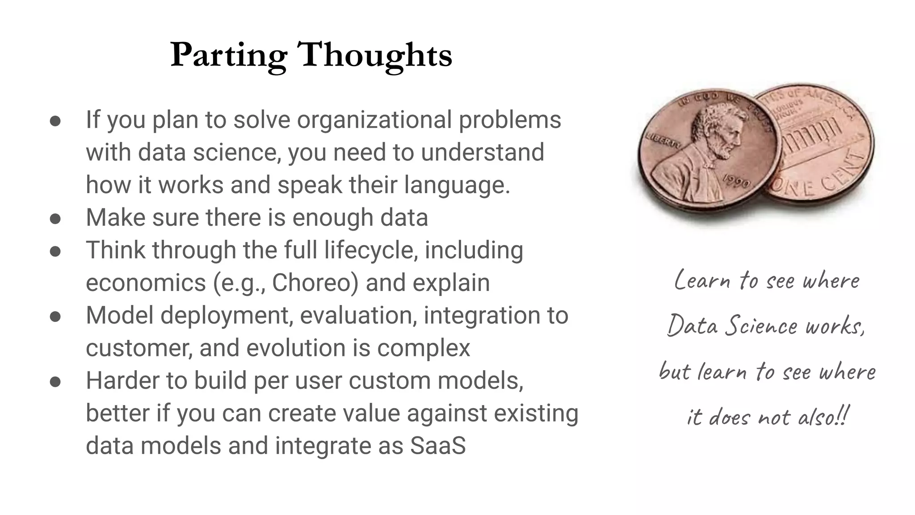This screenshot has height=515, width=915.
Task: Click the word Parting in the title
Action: pyautogui.click(x=228, y=55)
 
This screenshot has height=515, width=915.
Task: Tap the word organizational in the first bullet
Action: pyautogui.click(x=374, y=120)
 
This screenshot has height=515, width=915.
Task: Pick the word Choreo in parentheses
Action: pyautogui.click(x=315, y=283)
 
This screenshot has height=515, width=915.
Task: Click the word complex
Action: pyautogui.click(x=424, y=348)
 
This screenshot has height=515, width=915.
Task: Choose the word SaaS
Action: pyautogui.click(x=438, y=446)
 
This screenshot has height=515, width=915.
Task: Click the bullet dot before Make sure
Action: pyautogui.click(x=55, y=219)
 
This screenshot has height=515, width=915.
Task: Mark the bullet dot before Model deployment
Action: pyautogui.click(x=55, y=317)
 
